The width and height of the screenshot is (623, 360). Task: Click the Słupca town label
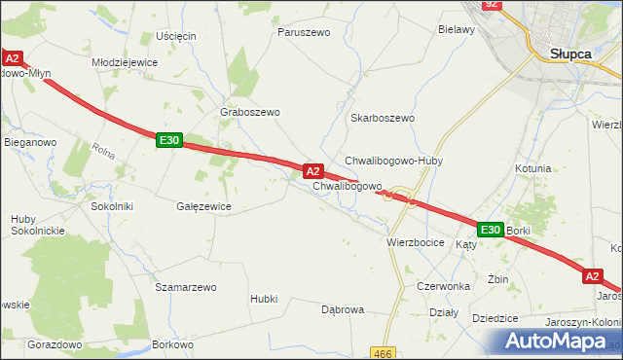(571, 54)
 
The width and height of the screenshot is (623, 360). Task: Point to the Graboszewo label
(250, 112)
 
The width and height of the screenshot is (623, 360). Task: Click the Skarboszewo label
(383, 118)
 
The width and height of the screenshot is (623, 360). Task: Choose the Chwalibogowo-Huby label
(393, 161)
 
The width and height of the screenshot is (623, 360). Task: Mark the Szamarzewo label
(185, 288)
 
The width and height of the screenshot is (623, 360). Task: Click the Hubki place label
(264, 299)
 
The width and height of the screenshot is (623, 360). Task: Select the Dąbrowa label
(343, 309)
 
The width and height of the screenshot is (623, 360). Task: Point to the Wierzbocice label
(416, 242)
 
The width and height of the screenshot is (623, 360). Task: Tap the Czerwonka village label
(443, 287)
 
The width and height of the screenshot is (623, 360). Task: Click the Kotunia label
(533, 168)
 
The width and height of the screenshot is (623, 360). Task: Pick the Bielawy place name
(456, 30)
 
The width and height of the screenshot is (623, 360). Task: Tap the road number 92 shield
(492, 5)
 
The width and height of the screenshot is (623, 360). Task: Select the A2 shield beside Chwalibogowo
(313, 171)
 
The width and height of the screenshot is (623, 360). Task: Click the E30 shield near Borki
(490, 230)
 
